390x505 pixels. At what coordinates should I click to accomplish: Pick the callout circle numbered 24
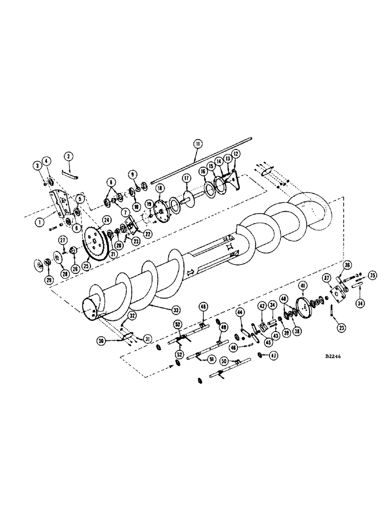[x=107, y=220]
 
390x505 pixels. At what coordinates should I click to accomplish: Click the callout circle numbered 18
[x=160, y=188]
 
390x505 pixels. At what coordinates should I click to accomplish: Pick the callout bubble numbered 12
[x=235, y=154]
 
